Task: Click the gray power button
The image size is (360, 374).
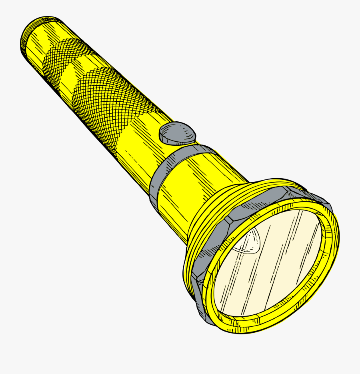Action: [x=177, y=133]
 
